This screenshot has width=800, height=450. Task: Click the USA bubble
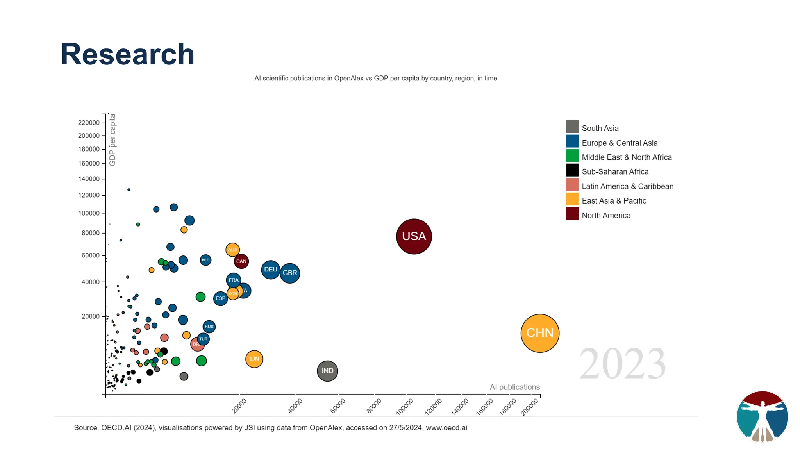pos(414,236)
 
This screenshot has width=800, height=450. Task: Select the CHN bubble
pos(540,333)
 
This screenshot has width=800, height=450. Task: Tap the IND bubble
pos(327,371)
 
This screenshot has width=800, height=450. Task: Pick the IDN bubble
pos(254,359)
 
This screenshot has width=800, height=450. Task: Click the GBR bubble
pos(290,273)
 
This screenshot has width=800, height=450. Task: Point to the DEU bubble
pos(270,270)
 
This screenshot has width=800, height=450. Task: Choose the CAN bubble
pos(241,261)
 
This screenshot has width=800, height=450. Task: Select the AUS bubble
pos(232,250)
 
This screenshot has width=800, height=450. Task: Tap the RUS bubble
pos(209,327)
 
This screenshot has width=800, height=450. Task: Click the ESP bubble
pos(220,298)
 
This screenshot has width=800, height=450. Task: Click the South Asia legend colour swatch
pos(572,127)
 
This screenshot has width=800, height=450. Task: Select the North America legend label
pos(606,216)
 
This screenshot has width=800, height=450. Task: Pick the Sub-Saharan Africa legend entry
pos(615,172)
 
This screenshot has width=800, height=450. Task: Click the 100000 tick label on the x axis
pos(405,407)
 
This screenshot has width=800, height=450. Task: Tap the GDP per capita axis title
pos(112,140)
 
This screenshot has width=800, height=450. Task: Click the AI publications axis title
pos(514,387)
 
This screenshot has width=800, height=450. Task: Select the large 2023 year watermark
pos(622,364)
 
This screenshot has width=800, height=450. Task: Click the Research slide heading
pos(127,54)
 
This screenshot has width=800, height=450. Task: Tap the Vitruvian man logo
pos(762,416)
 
